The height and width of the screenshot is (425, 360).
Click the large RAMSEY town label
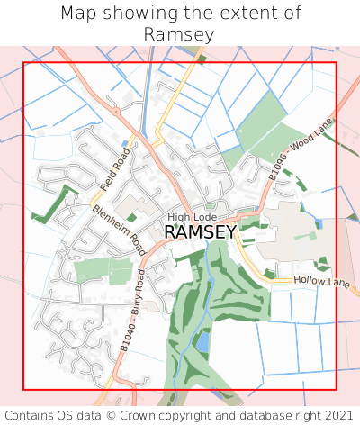tap(200, 231)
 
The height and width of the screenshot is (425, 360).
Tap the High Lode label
tap(192, 217)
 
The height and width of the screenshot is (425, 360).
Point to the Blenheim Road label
tap(118, 230)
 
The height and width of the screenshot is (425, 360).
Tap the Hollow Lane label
tap(321, 283)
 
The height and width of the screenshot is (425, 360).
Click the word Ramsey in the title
tap(179, 34)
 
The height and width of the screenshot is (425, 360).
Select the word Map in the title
tap(79, 14)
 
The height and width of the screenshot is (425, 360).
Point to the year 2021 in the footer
tap(335, 415)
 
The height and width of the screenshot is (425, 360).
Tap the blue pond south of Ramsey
tap(203, 343)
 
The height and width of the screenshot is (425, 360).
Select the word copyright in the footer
tap(213, 415)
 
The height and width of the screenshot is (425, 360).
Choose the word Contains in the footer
tap(34, 415)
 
